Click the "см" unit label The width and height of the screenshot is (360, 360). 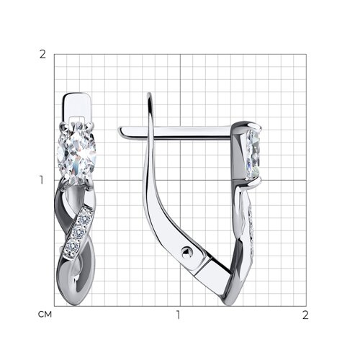click(x=45, y=314)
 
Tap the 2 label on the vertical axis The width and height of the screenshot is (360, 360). click(x=42, y=55)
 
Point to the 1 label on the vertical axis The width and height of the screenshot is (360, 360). click(x=42, y=180)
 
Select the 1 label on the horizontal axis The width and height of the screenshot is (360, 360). click(x=178, y=315)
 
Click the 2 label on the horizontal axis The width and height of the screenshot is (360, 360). click(x=305, y=315)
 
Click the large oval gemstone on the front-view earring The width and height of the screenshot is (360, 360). click(x=76, y=154)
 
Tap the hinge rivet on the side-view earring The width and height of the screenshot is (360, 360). click(x=186, y=253)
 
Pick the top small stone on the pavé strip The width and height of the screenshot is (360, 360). click(x=84, y=218)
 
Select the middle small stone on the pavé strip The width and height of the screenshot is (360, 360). click(x=78, y=232)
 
